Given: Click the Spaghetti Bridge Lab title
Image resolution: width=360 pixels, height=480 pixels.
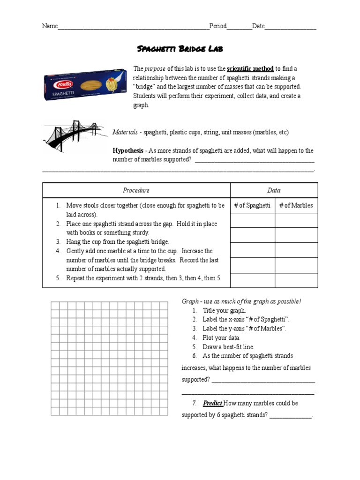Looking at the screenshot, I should [180, 49].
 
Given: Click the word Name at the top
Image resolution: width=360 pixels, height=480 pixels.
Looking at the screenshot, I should [50, 26].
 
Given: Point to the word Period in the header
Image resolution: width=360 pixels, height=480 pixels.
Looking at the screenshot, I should [217, 26].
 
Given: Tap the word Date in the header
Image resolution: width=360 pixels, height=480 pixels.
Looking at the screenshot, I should [258, 26].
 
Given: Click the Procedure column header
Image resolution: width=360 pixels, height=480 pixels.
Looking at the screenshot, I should [136, 190].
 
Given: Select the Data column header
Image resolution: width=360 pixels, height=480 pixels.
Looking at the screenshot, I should [274, 190].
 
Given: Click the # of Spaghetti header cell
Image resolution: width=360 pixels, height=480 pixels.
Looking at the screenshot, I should [252, 205].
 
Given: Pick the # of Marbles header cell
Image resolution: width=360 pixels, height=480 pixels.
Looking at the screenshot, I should [296, 205].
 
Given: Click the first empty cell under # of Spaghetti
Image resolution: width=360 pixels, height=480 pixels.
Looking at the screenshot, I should [252, 220].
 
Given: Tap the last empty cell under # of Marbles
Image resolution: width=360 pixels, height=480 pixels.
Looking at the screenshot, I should [296, 280].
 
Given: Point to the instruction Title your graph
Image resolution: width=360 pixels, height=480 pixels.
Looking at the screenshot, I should [224, 310].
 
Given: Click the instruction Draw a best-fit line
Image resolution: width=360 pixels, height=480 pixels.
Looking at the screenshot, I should [228, 347].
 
